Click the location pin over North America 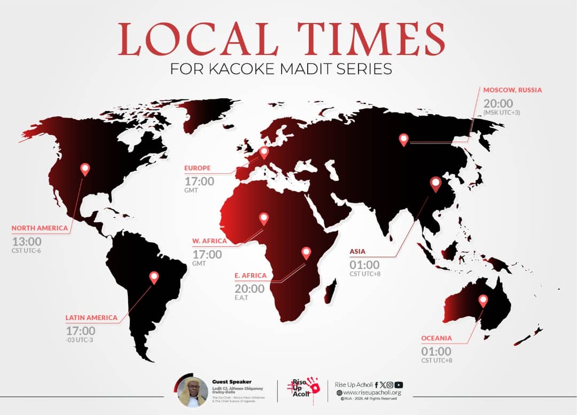[x=85, y=169]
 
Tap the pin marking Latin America [x=154, y=277]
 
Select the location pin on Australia [x=483, y=300]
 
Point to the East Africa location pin [x=306, y=252]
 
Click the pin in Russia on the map [x=404, y=139]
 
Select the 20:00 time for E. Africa [x=249, y=289]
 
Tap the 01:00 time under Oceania [x=436, y=352]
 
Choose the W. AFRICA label [x=209, y=241]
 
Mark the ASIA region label [x=357, y=251]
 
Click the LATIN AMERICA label [x=91, y=317]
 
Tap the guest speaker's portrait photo [x=193, y=393]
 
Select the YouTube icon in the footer [x=399, y=385]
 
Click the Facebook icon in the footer [x=377, y=385]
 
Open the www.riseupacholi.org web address [x=372, y=393]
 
